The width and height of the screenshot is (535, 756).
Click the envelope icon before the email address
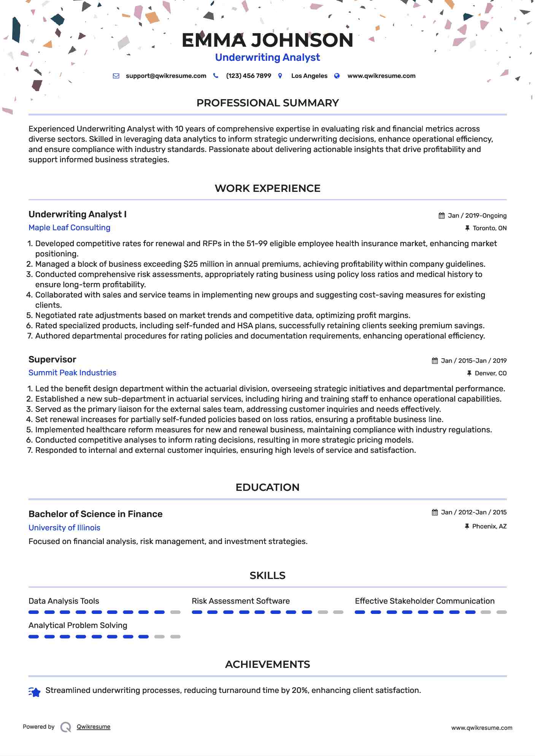coord(116,76)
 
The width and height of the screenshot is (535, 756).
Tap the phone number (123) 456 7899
coord(248,76)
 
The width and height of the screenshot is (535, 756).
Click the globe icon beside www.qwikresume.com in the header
coord(337,76)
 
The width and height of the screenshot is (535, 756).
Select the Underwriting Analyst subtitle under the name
coord(267,57)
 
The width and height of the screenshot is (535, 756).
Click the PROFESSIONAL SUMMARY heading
coord(267,103)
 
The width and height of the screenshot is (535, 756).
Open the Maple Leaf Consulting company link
coord(69,228)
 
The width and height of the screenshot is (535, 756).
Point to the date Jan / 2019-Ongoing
coord(477,216)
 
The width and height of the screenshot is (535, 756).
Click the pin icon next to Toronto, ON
coord(467,228)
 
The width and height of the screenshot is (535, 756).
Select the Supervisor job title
coord(52,359)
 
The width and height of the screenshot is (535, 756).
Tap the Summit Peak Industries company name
coord(72,373)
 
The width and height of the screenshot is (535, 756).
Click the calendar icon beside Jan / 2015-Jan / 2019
coord(435,361)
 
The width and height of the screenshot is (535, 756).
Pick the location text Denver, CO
coord(491,373)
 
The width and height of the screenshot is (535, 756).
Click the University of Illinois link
coord(64,528)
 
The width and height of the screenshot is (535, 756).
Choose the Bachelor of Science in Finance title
coord(95,514)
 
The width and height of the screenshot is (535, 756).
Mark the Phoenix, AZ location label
coord(489,527)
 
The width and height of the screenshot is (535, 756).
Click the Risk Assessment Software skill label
coord(240,601)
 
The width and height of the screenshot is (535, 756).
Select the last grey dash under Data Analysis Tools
coord(175,612)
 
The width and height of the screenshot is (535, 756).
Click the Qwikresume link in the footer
coord(94,727)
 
